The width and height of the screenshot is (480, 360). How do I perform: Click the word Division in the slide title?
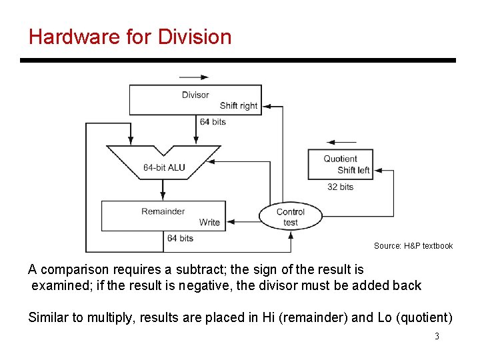[x=195, y=36]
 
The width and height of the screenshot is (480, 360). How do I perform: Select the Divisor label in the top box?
[x=195, y=95]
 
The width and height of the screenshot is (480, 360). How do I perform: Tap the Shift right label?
[x=238, y=105]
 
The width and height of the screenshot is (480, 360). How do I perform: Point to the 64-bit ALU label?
[x=164, y=167]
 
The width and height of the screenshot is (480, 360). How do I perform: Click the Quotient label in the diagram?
[x=340, y=159]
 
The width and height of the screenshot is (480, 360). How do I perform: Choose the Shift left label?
[x=353, y=170]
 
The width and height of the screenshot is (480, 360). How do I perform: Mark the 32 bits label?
[x=340, y=187]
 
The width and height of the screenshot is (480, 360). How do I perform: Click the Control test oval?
[x=291, y=217]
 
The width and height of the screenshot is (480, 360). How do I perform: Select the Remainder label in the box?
[x=163, y=211]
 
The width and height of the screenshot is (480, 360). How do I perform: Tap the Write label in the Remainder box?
[x=209, y=222]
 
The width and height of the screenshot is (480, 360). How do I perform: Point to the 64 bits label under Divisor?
[x=213, y=121]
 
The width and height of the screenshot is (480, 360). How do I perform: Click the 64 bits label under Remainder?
[x=180, y=238]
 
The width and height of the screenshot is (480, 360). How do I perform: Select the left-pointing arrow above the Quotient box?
[x=341, y=142]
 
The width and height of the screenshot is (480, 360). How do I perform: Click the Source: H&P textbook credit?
[x=413, y=246]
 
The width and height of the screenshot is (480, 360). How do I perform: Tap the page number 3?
[x=437, y=336]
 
